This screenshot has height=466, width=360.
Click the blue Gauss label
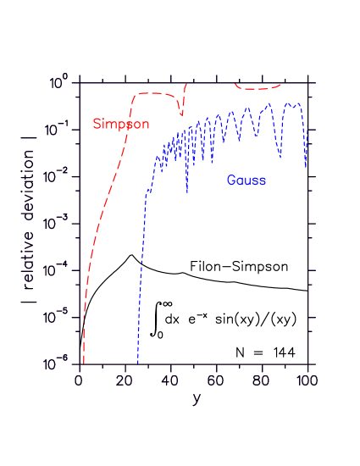click(x=246, y=180)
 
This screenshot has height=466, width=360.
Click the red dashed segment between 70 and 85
click(x=257, y=88)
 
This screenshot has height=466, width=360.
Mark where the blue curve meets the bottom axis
click(x=137, y=363)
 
